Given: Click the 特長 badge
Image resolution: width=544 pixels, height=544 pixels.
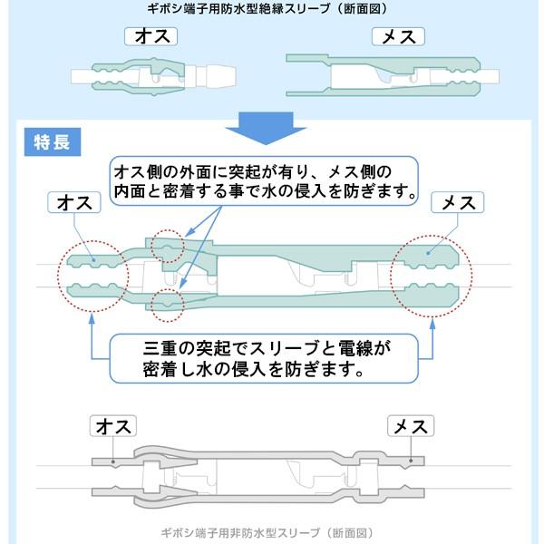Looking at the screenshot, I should pos(52,142).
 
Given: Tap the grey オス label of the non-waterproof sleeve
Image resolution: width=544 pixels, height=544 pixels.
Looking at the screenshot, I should pos(112,425).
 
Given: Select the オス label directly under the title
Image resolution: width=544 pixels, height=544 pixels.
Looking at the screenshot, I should pos(150,36).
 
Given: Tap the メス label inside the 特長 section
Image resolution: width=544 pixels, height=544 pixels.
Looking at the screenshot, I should pos(460,203).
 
